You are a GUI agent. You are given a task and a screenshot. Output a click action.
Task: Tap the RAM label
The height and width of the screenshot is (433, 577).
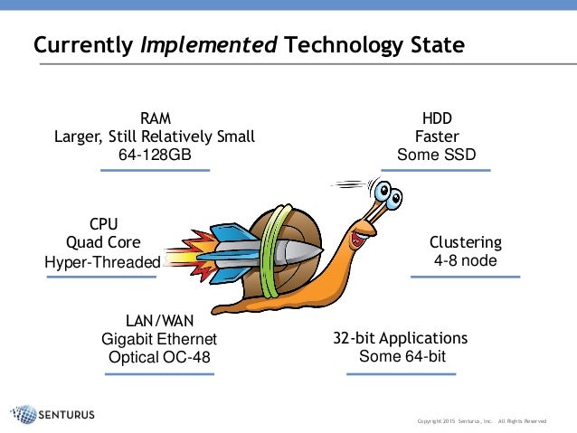(x=155, y=118)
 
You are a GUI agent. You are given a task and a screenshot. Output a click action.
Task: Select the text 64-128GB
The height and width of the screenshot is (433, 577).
(x=155, y=155)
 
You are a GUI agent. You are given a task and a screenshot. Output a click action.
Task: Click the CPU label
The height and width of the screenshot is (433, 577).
(x=103, y=223)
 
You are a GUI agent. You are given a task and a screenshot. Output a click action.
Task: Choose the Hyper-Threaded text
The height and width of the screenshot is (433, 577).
(x=102, y=262)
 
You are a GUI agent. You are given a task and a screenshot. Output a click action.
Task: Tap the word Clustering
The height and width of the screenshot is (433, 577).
(x=465, y=242)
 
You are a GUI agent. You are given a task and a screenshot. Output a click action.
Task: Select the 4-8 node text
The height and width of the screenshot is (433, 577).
(x=465, y=261)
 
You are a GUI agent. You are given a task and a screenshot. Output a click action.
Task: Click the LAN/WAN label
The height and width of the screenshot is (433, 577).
(x=159, y=320)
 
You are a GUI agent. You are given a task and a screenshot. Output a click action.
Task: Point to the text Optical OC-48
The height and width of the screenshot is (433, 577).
(x=159, y=358)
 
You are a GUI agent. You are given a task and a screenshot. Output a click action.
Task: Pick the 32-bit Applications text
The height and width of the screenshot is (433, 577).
(x=401, y=338)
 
